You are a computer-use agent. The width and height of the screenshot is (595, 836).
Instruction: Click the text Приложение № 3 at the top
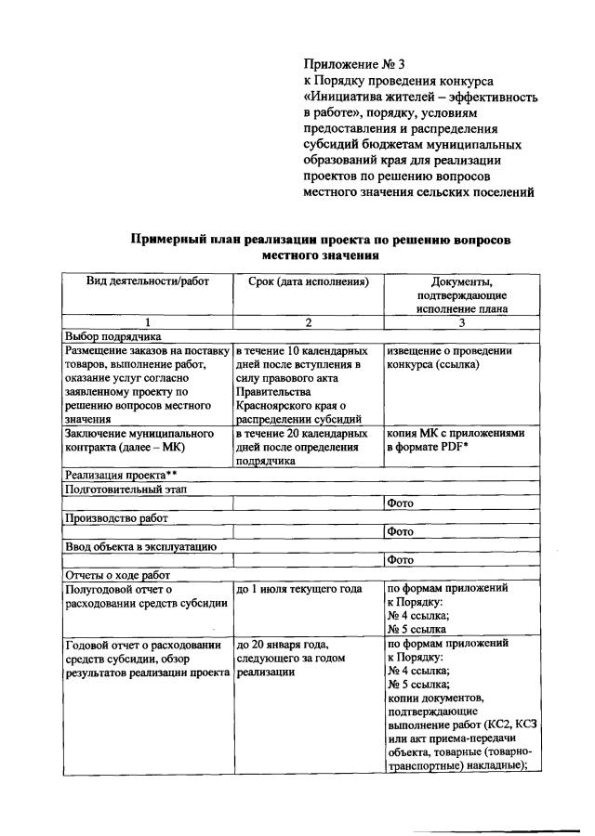(x=355, y=65)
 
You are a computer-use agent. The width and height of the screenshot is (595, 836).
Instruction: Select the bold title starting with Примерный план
(x=321, y=246)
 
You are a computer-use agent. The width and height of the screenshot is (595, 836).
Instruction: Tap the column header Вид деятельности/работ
(x=148, y=281)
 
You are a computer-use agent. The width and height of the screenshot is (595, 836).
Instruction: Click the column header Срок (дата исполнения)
(x=308, y=281)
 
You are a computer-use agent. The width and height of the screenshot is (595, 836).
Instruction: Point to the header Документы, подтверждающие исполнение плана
(x=461, y=294)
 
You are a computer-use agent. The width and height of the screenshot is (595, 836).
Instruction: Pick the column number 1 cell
(x=148, y=322)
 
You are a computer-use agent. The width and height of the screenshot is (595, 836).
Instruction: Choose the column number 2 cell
(x=308, y=322)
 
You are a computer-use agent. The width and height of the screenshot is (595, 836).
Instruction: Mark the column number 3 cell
(x=461, y=322)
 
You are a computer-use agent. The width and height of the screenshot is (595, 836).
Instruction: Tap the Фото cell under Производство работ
(x=401, y=532)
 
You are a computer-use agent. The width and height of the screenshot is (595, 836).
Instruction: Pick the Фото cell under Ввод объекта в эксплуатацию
(x=401, y=560)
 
